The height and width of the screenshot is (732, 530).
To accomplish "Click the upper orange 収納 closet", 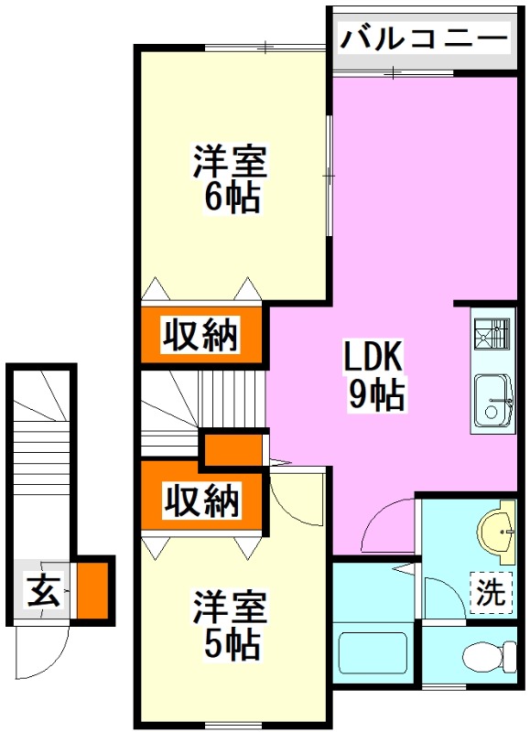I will pos(201,335).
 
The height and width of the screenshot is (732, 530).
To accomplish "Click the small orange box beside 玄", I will pos(92,590).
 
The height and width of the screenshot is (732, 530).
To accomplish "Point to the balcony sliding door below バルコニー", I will pos(394,72).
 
